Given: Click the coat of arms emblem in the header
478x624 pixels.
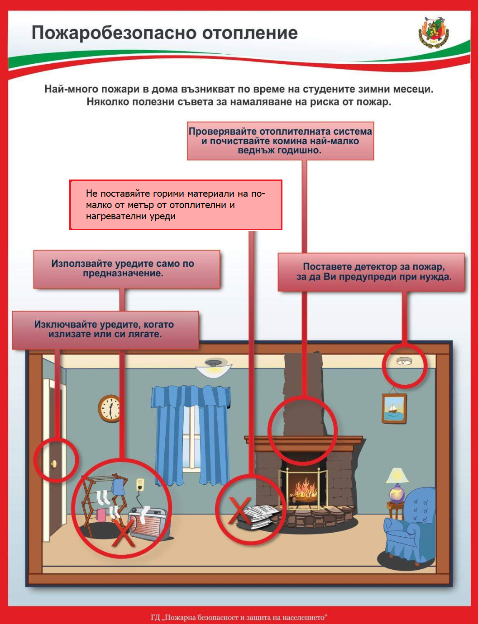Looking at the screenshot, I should (433, 32).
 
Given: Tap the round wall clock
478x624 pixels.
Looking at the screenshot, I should (110, 408).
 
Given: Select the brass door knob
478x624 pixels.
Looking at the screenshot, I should (54, 464).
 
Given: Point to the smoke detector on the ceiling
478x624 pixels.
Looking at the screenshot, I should (404, 361).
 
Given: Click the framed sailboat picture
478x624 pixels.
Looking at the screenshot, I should (394, 408).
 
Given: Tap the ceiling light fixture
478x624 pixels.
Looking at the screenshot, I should (213, 368).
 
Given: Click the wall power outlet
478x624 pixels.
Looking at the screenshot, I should (140, 485).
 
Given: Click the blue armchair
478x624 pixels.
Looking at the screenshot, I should (410, 525).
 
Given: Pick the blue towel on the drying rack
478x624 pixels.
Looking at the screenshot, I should (118, 487).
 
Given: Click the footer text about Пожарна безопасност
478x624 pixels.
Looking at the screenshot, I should (239, 617).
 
